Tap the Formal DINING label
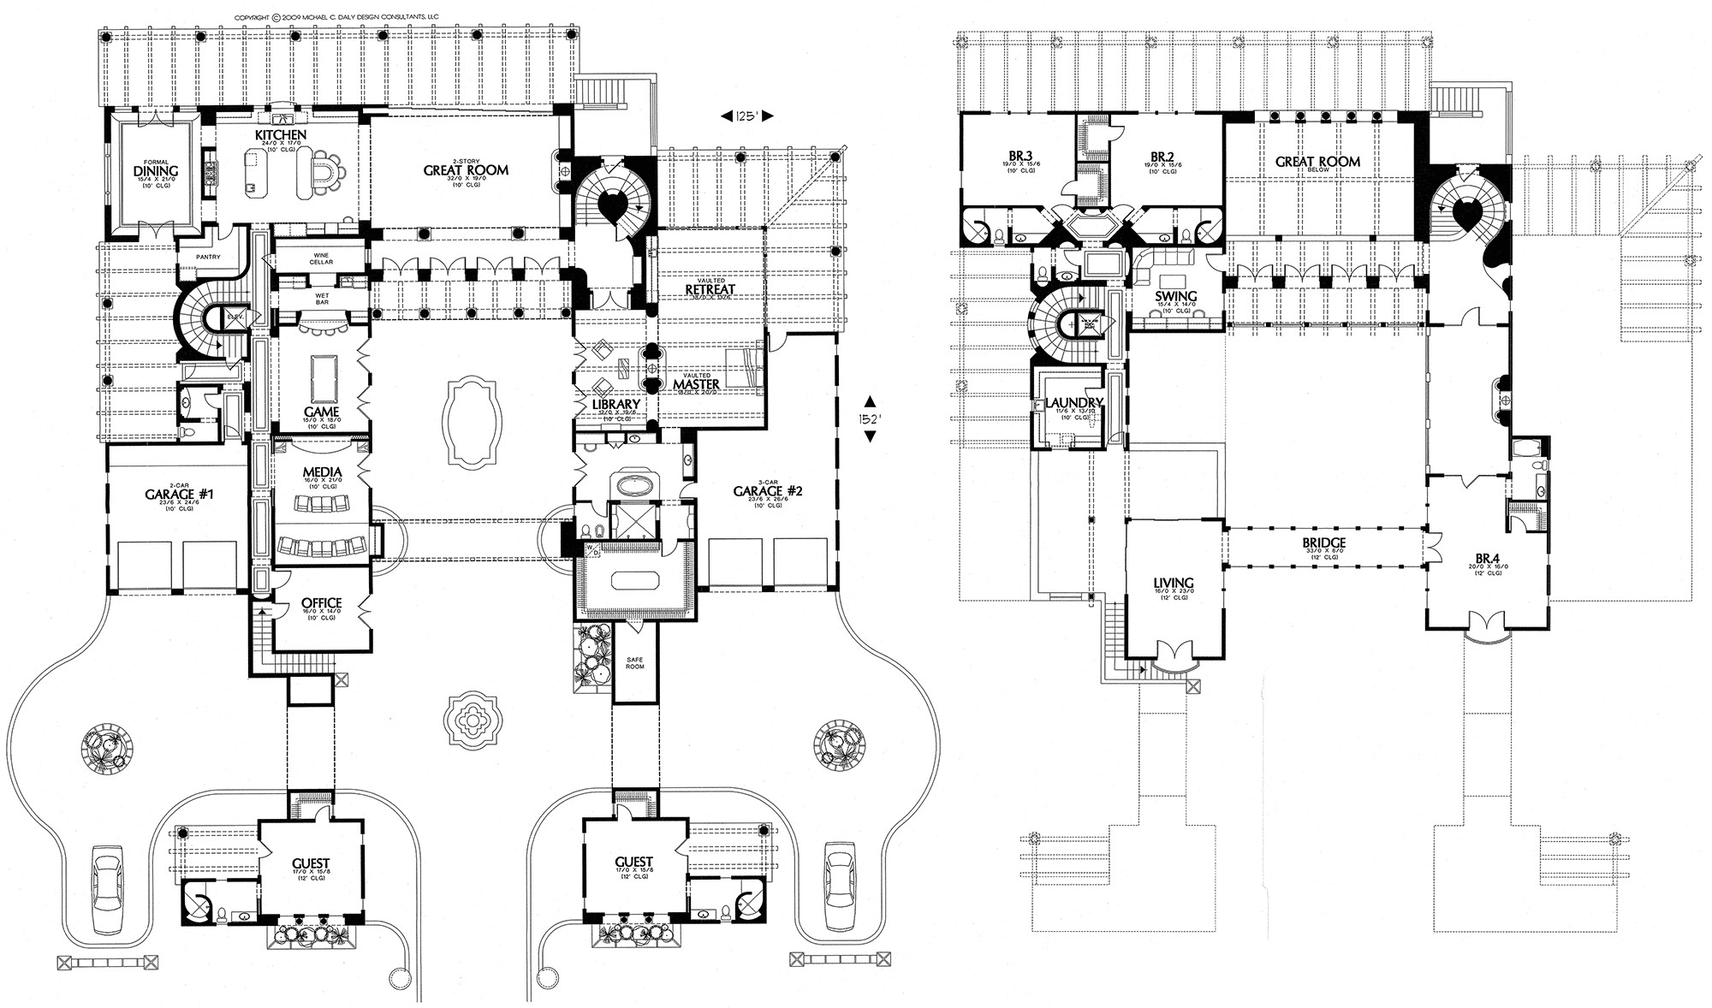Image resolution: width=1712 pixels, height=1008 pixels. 156,170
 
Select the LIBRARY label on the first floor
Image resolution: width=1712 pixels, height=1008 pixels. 615,404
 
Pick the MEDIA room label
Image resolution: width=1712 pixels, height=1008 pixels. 322,472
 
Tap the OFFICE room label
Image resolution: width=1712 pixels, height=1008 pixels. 322,603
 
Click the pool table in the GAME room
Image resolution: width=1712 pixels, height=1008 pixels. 322,371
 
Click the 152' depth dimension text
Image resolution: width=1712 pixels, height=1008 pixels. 871,418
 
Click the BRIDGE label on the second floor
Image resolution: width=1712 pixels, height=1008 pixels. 1324,543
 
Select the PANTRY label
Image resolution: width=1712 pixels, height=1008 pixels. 208,257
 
